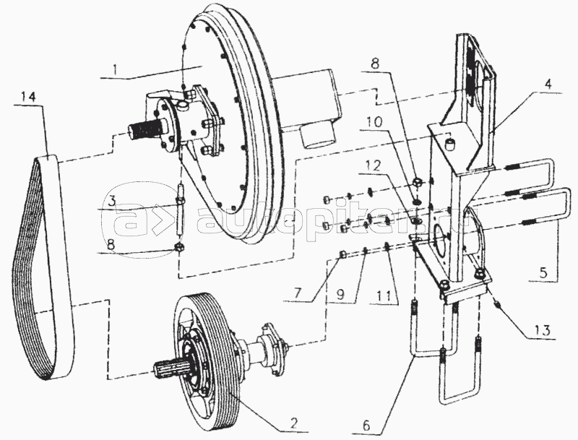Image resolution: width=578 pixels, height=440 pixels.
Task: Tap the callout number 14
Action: (28, 98)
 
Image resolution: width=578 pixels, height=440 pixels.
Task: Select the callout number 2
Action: (293, 423)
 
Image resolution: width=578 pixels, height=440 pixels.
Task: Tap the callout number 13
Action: (544, 330)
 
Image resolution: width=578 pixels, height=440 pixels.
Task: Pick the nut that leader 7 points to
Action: (342, 254)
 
